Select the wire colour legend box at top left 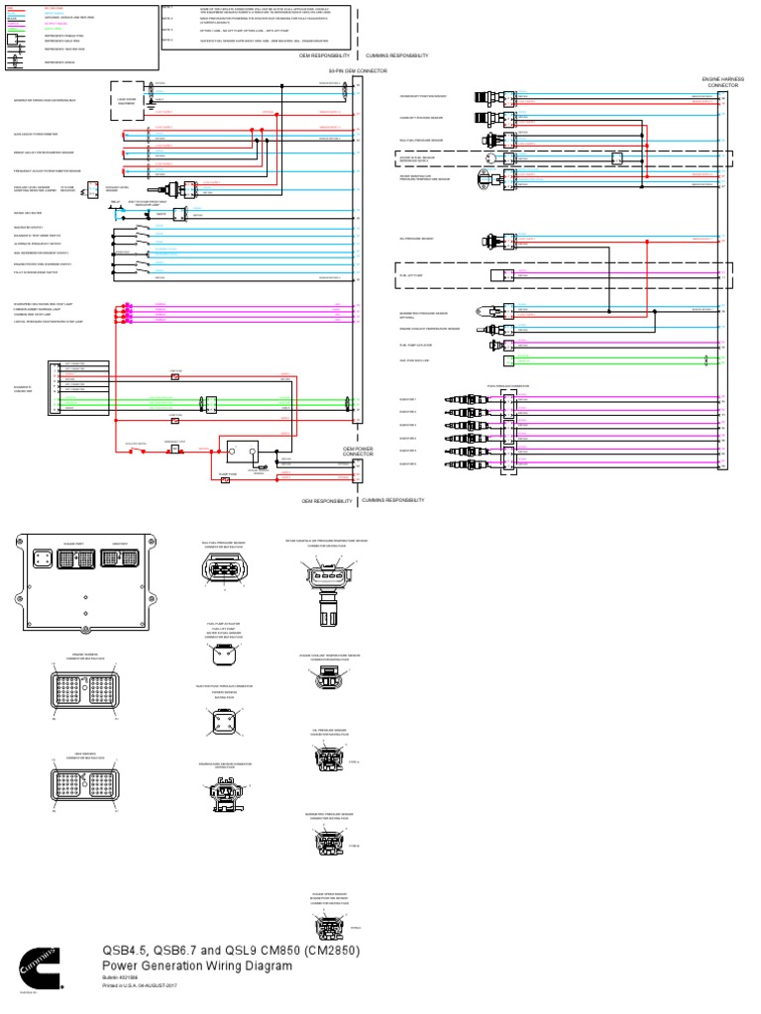point(79,37)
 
